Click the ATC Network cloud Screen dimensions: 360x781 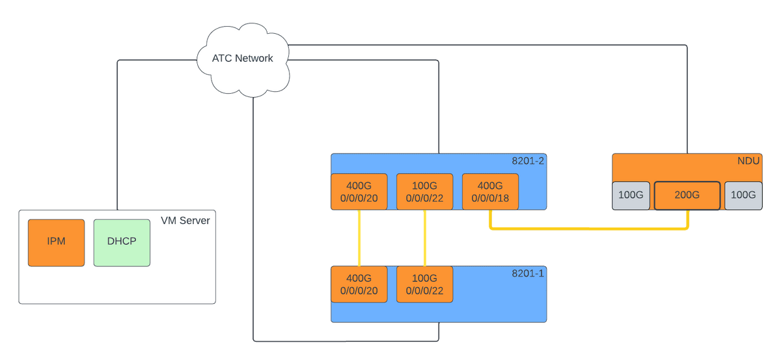pyautogui.click(x=242, y=59)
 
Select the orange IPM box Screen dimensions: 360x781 pyautogui.click(x=56, y=242)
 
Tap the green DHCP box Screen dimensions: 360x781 pyautogui.click(x=122, y=242)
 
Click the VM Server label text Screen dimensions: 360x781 pyautogui.click(x=185, y=221)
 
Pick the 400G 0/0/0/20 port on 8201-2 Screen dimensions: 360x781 pyautogui.click(x=359, y=192)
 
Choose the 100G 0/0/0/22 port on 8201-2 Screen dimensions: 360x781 pyautogui.click(x=424, y=192)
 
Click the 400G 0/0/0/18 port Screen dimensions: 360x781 pyautogui.click(x=489, y=192)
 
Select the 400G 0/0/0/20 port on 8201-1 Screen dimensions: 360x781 pyautogui.click(x=359, y=284)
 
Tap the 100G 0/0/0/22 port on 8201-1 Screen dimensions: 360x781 pyautogui.click(x=424, y=284)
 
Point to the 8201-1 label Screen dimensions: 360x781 pyautogui.click(x=528, y=273)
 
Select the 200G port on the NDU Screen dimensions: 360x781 pyautogui.click(x=687, y=195)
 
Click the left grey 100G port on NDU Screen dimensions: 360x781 pyautogui.click(x=630, y=195)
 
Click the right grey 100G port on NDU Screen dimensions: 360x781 pyautogui.click(x=743, y=195)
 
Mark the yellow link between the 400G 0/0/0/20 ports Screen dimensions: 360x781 pyautogui.click(x=359, y=238)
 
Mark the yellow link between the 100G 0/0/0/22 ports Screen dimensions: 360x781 pyautogui.click(x=424, y=238)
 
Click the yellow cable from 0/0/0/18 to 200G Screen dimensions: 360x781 pyautogui.click(x=586, y=230)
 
